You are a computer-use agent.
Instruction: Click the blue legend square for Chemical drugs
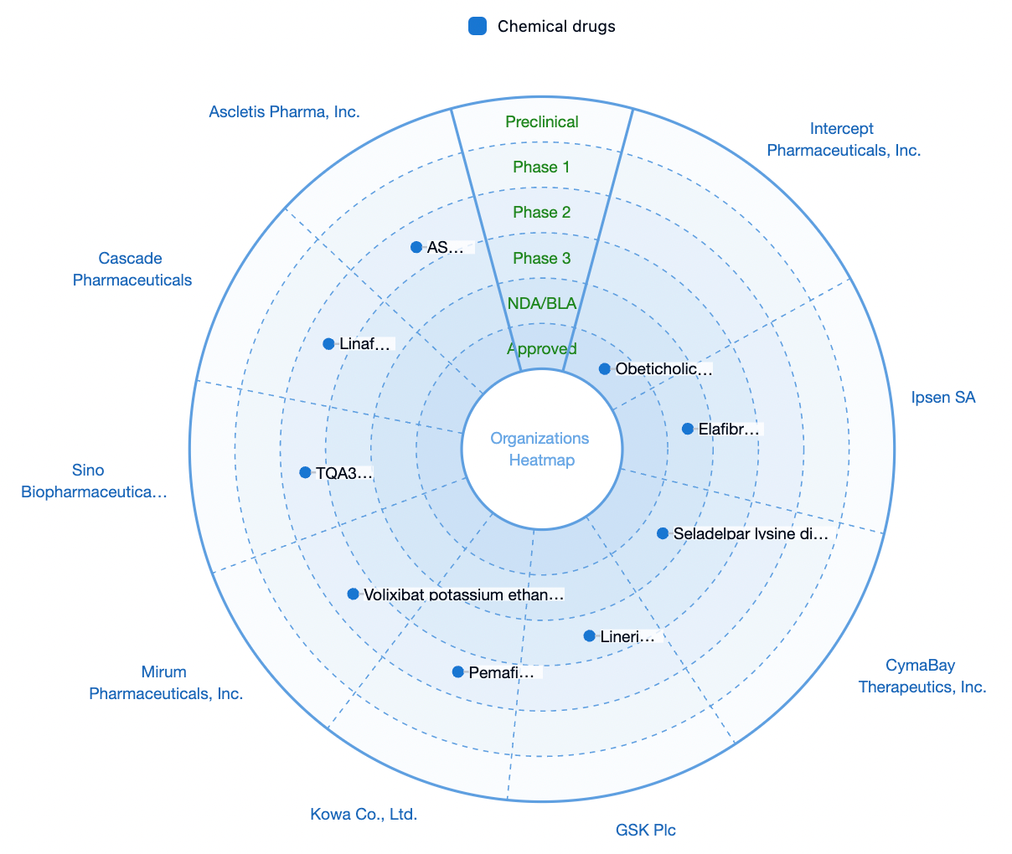click(477, 26)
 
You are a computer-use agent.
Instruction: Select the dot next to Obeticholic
click(604, 368)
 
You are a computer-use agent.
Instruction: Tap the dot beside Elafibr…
click(687, 429)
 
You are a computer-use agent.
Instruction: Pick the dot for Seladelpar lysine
click(662, 533)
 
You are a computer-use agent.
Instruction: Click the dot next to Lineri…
click(589, 636)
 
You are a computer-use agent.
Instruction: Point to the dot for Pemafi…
click(457, 671)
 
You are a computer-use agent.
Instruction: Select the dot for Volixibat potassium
click(353, 594)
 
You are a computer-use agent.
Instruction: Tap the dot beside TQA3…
click(305, 472)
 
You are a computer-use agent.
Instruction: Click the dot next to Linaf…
click(328, 344)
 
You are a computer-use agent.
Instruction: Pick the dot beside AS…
click(416, 247)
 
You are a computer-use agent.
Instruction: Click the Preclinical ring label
click(541, 121)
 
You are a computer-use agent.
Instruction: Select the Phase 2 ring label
click(541, 212)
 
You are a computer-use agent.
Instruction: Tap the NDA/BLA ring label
click(541, 303)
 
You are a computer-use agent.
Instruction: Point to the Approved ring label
click(541, 349)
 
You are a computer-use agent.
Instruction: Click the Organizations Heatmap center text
click(540, 449)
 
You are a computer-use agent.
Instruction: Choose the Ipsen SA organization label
click(942, 397)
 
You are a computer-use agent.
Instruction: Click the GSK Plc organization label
click(645, 830)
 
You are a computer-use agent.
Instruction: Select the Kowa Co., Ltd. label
click(364, 814)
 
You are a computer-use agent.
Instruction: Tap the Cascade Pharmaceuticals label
click(132, 269)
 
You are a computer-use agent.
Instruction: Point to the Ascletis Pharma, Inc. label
click(284, 112)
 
